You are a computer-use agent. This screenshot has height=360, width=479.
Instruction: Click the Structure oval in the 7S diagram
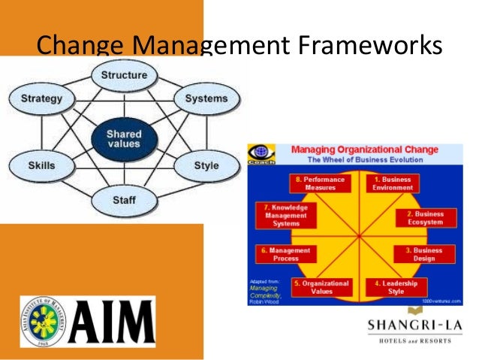[124, 76]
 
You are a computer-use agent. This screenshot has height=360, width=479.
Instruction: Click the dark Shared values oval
[124, 139]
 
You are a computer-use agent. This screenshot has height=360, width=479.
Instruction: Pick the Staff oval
[124, 201]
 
